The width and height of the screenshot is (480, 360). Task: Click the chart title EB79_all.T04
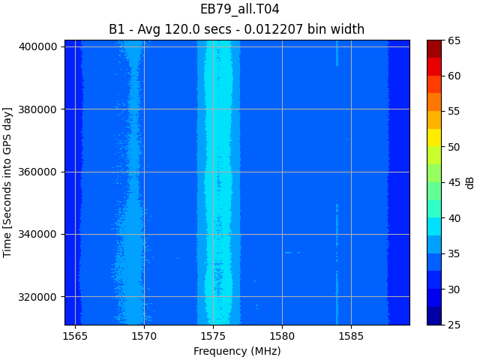[239, 10]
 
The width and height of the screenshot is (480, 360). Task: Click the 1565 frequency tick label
[75, 337]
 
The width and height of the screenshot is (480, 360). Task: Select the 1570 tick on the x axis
[144, 337]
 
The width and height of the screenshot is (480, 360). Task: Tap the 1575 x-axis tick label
[213, 337]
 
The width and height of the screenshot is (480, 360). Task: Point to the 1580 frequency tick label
[282, 337]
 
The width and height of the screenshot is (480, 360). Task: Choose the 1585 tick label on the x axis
[351, 337]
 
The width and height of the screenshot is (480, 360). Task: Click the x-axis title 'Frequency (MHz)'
[237, 351]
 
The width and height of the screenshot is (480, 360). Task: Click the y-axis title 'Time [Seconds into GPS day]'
[8, 182]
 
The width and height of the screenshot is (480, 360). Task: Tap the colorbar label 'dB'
[470, 182]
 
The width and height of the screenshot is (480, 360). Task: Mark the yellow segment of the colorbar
[434, 138]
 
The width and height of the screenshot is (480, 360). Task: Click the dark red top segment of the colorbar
[434, 49]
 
